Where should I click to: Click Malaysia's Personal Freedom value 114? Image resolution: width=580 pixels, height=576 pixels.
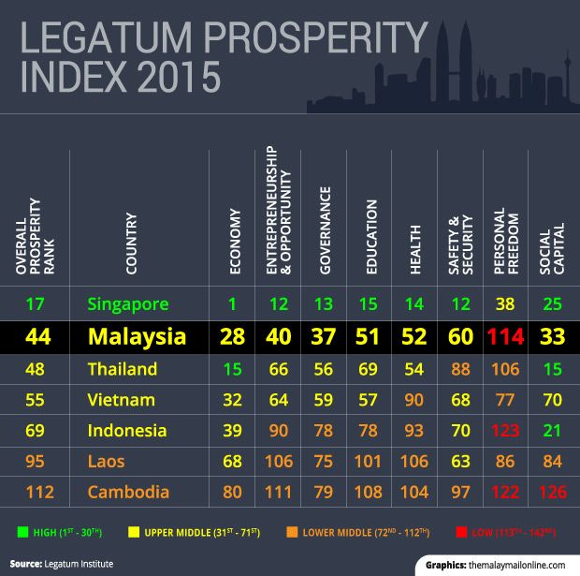505,337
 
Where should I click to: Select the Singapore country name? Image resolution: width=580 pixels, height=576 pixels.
128,303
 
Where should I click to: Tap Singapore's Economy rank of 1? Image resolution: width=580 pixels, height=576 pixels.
233,303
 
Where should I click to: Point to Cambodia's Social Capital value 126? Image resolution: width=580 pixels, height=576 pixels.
552,492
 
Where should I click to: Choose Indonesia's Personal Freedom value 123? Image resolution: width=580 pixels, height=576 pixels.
505,431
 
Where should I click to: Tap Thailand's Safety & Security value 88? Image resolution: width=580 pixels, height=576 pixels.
460,369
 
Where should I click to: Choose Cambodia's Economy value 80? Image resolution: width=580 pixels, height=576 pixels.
233,492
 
